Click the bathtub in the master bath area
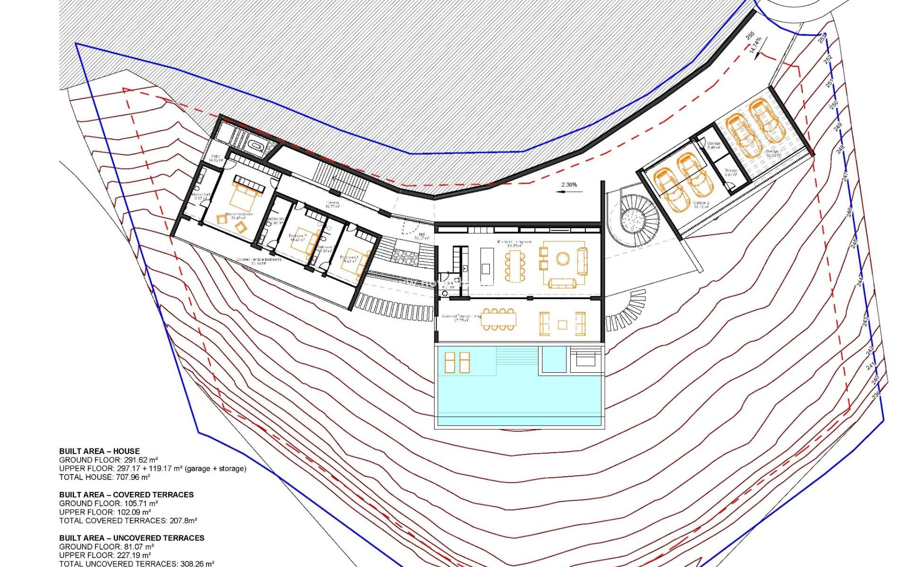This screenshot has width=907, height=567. (257, 146)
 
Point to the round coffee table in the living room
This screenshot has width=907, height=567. (562, 258)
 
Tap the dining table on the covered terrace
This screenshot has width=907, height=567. (498, 319)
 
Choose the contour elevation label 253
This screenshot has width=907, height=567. (822, 38)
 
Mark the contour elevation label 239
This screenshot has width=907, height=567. (876, 394)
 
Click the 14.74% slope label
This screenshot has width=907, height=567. (756, 45)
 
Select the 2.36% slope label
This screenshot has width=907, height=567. (569, 185)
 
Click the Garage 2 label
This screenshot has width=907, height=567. (701, 205)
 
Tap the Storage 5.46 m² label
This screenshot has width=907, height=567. (714, 145)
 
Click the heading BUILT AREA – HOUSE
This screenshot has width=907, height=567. (99, 451)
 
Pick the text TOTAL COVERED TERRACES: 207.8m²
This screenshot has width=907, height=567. (128, 521)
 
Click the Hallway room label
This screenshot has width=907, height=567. (333, 205)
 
